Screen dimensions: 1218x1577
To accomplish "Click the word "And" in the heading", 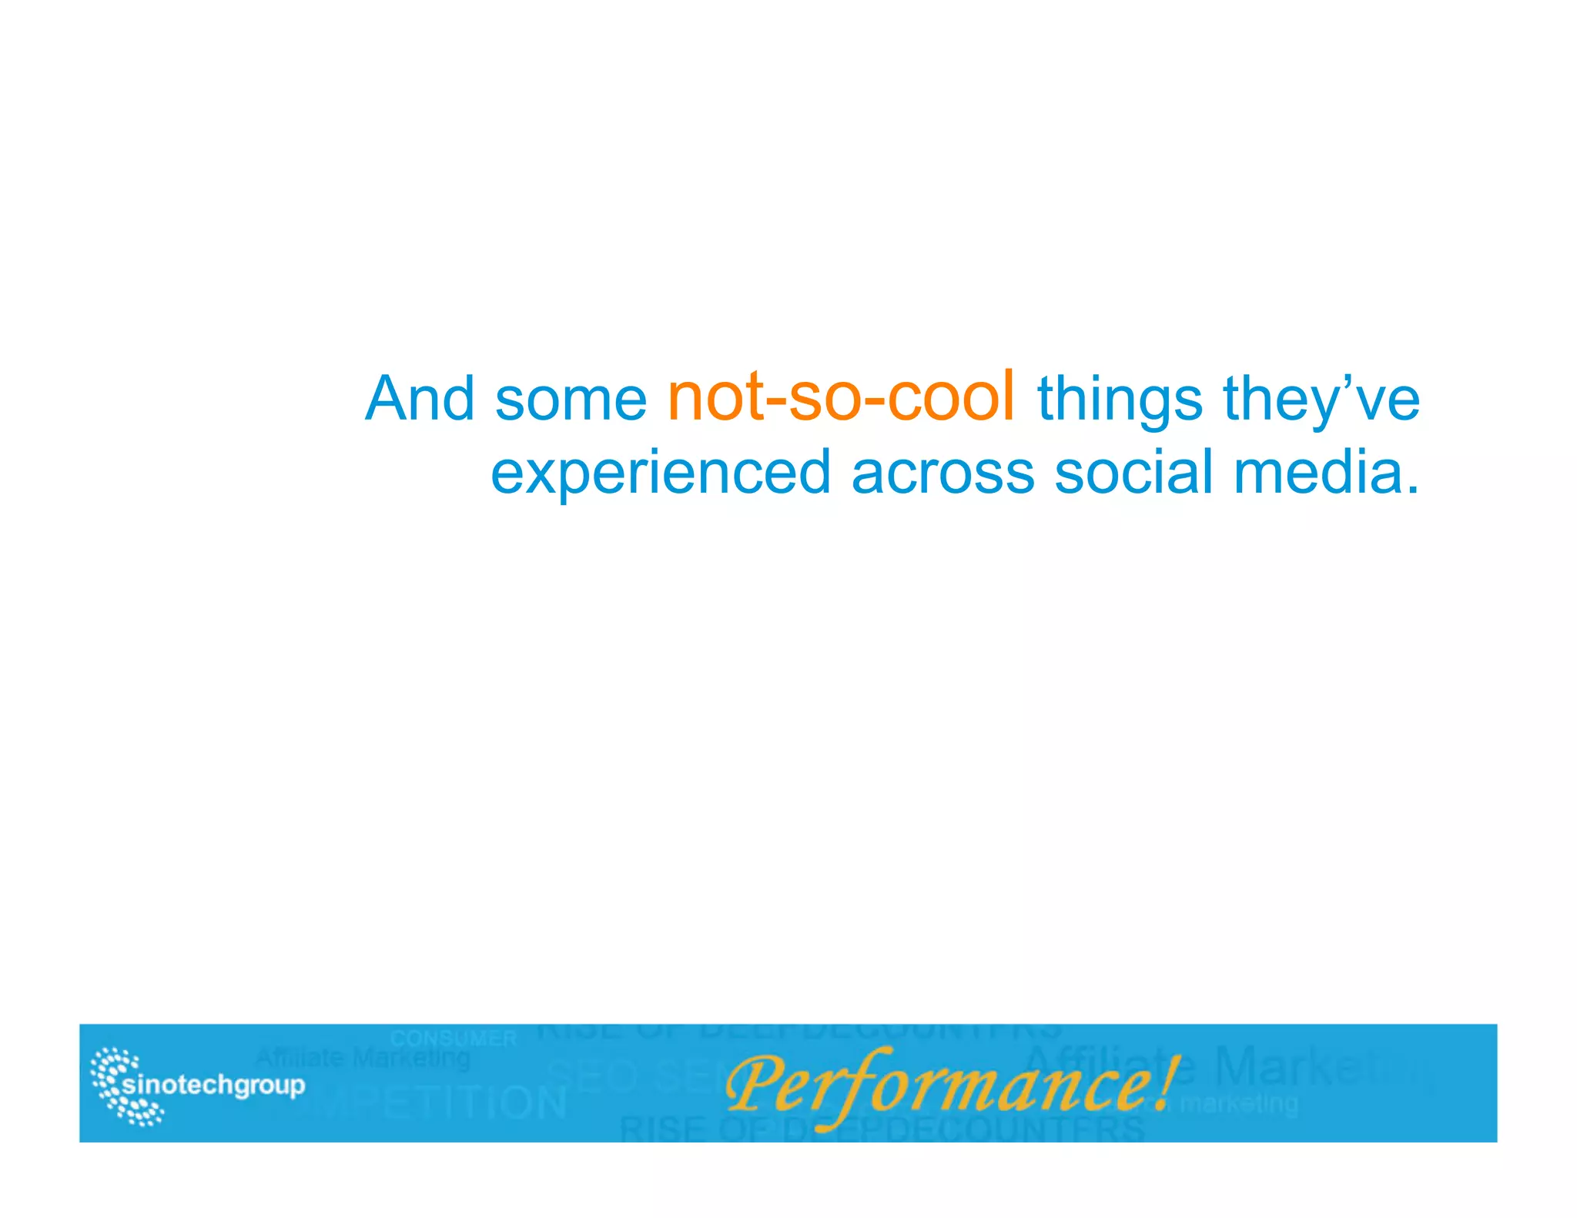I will [420, 399].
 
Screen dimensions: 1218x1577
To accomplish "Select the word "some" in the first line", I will [571, 400].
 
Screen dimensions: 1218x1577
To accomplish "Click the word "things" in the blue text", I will [1120, 402].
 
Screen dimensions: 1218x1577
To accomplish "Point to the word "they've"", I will [1321, 400].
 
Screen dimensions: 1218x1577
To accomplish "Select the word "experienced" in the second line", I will [661, 473].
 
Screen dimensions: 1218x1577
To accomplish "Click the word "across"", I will [943, 472].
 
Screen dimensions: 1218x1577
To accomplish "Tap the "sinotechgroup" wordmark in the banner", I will [213, 1086].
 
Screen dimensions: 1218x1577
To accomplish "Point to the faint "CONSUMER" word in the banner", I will [453, 1039].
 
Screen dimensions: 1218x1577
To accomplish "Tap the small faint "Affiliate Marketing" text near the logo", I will [362, 1059].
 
